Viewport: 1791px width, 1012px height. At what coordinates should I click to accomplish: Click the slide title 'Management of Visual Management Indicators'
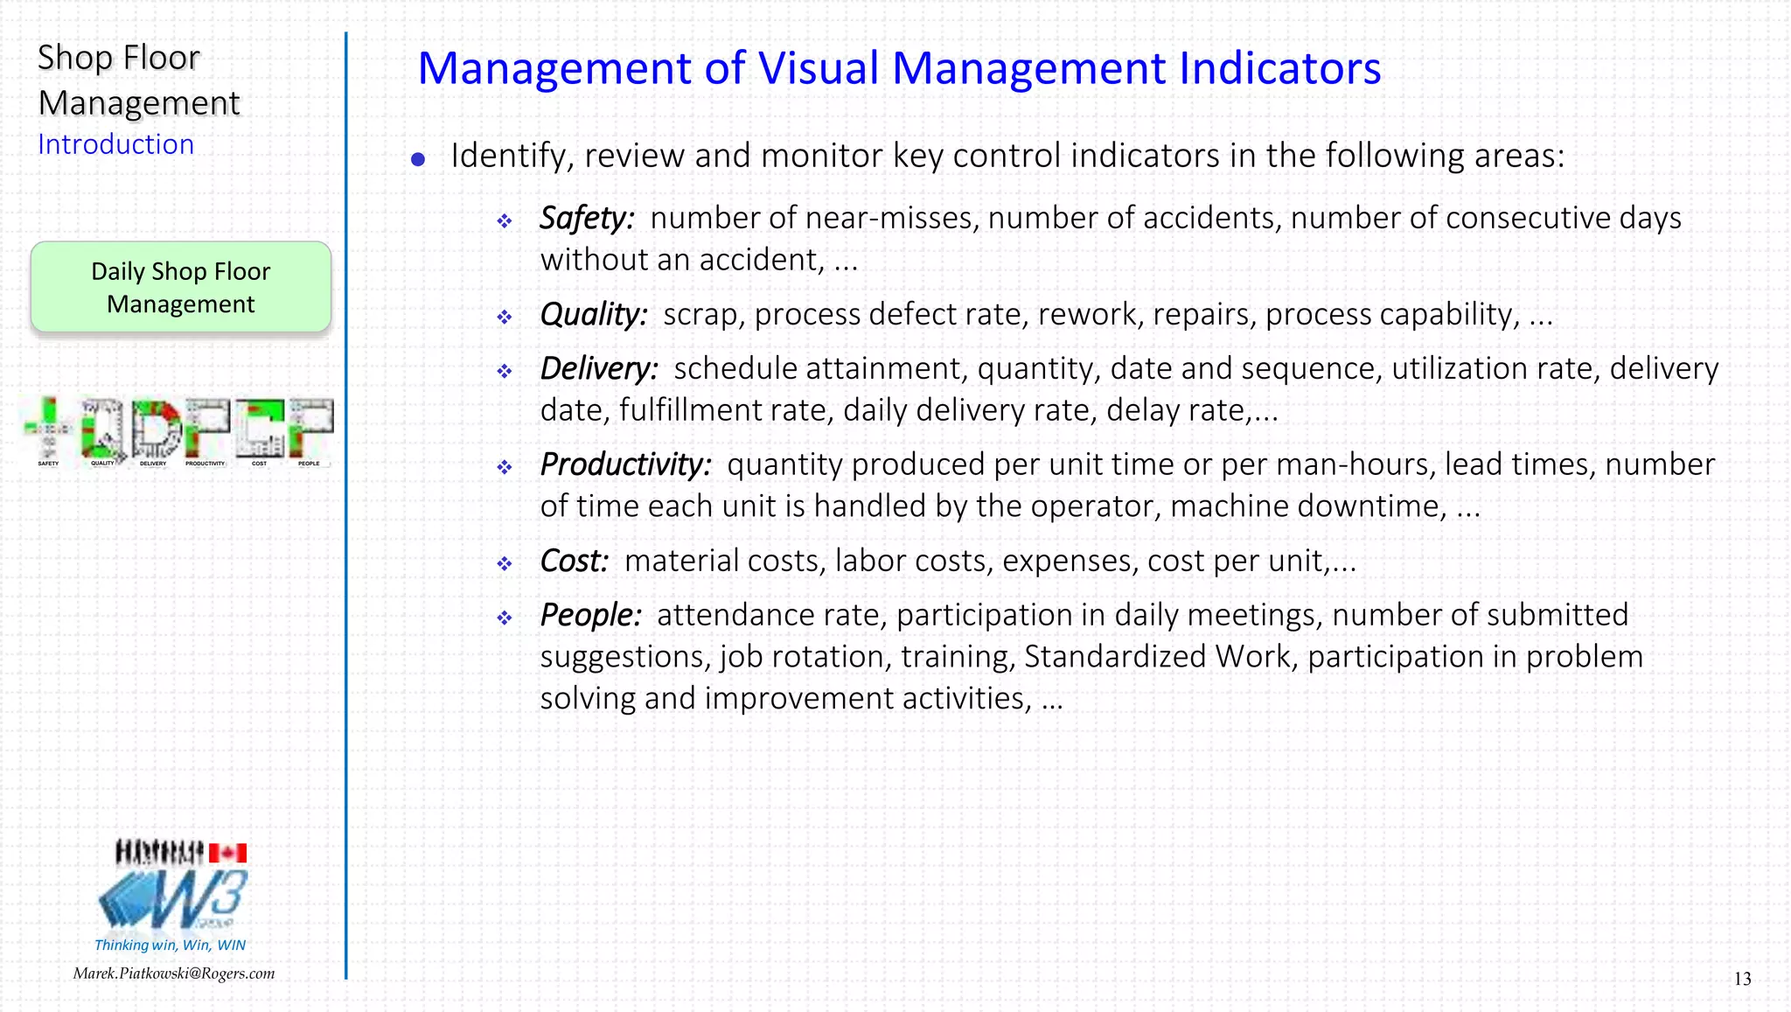899,69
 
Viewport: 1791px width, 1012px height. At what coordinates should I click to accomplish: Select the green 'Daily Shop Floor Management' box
181,288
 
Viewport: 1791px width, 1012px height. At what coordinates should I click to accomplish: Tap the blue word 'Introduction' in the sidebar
115,144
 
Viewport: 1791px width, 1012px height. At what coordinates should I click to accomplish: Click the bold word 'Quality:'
594,314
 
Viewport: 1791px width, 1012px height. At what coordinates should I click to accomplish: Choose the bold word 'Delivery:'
599,368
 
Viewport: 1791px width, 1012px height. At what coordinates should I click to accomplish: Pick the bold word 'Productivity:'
626,464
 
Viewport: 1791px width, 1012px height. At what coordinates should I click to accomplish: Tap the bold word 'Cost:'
574,561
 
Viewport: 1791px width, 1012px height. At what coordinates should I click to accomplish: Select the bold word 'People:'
590,615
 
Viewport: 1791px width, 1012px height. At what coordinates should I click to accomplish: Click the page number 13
1742,979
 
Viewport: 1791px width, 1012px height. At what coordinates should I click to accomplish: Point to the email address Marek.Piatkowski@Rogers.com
174,974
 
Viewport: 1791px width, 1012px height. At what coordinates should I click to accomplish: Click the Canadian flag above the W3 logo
228,853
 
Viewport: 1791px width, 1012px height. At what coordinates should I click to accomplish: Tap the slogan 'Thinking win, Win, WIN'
171,945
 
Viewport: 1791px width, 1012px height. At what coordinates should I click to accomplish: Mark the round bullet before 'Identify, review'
418,159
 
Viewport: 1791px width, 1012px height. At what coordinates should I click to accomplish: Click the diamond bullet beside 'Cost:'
505,564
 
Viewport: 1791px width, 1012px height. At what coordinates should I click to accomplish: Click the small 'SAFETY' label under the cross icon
48,464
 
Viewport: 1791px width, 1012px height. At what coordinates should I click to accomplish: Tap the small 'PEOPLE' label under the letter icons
309,464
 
